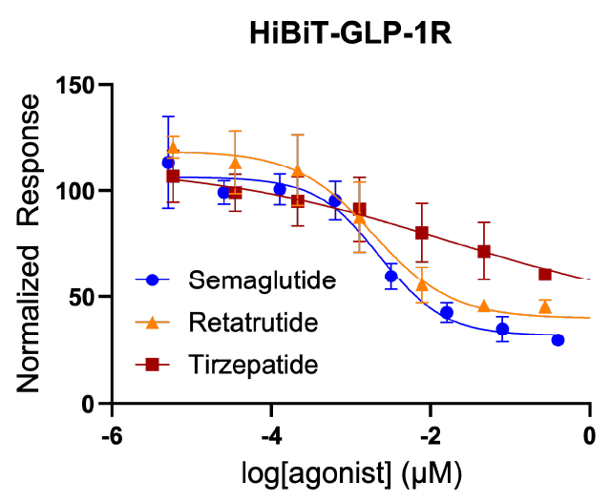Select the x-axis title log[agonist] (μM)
click(350, 472)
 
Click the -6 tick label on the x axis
click(112, 435)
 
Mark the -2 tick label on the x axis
click(431, 435)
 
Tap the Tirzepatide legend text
click(253, 364)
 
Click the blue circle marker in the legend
click(152, 281)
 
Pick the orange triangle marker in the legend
click(152, 322)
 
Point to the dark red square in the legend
click(152, 364)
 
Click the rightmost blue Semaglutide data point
click(558, 340)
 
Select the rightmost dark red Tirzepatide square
click(545, 274)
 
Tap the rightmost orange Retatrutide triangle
click(545, 306)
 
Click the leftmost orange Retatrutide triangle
click(173, 148)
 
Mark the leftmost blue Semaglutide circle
click(168, 162)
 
